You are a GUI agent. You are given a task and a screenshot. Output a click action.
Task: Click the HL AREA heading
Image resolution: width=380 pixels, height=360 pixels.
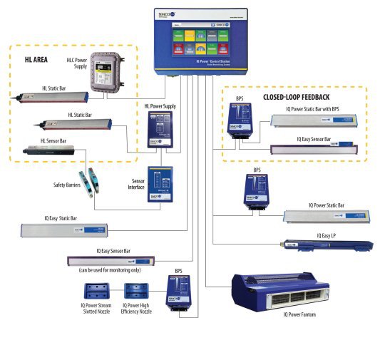coord(36,60)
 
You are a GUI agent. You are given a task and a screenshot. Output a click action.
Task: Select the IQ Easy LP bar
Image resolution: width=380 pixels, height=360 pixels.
coord(328,245)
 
